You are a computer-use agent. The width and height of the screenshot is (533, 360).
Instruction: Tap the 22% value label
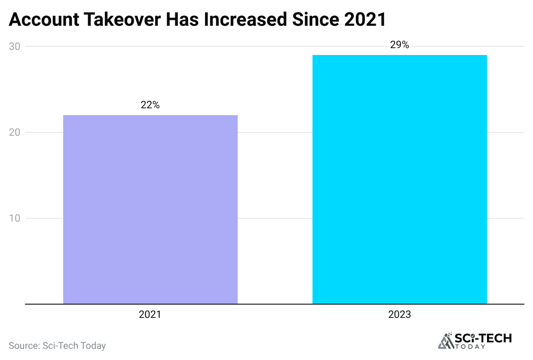click(x=150, y=105)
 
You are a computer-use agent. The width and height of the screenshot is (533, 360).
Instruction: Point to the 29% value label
click(x=399, y=45)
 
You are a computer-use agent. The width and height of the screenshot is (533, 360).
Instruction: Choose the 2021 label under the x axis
click(x=150, y=315)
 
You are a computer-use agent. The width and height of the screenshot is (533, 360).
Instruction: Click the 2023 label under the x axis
click(x=399, y=315)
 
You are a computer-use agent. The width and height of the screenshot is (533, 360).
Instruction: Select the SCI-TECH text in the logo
click(x=483, y=339)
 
